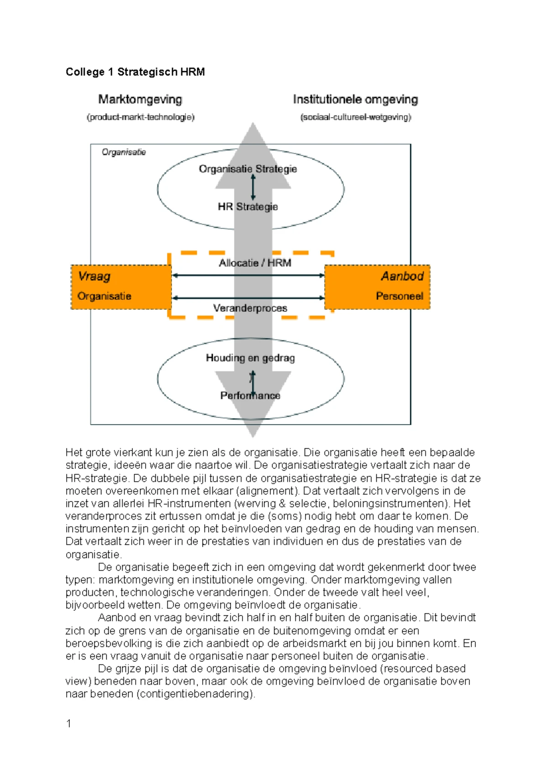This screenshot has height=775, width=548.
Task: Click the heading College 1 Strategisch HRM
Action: click(135, 72)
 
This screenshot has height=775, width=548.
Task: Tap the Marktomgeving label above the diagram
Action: click(140, 99)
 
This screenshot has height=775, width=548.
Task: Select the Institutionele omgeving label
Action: click(355, 99)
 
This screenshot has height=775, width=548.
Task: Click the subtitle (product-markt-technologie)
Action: click(140, 117)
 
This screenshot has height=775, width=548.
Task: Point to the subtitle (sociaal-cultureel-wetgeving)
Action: click(355, 117)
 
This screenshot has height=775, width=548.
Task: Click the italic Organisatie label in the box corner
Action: click(124, 152)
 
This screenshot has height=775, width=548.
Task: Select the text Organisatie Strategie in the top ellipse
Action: click(248, 169)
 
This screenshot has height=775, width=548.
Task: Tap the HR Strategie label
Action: click(248, 207)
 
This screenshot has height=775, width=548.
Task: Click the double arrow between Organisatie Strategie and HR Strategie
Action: click(253, 188)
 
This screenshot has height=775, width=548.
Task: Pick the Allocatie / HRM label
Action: click(255, 263)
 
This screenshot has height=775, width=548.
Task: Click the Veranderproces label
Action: click(250, 308)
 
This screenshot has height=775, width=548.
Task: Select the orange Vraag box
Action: click(121, 287)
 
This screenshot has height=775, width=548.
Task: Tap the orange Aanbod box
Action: click(377, 287)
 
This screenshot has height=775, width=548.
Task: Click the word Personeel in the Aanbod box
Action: click(399, 296)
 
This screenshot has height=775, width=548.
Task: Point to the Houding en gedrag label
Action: click(250, 358)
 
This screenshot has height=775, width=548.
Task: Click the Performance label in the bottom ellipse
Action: click(250, 396)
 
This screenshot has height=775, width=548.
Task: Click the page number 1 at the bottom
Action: click(68, 723)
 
